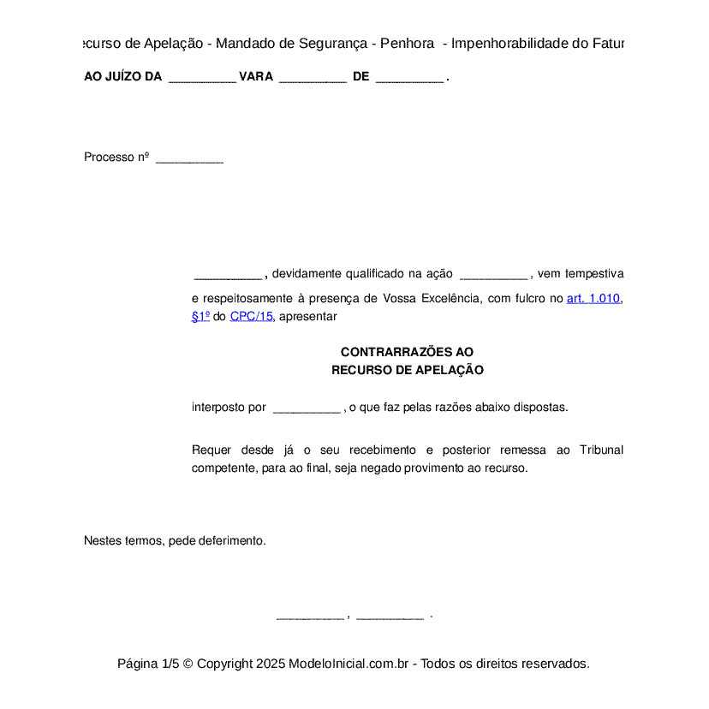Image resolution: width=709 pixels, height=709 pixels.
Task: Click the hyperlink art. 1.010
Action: pyautogui.click(x=593, y=299)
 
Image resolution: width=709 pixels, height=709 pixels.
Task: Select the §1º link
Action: pyautogui.click(x=200, y=316)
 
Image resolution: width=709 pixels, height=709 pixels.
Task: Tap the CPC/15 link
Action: pyautogui.click(x=251, y=316)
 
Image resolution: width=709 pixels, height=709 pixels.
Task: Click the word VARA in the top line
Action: pyautogui.click(x=256, y=77)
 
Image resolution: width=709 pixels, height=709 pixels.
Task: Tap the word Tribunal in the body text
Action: pyautogui.click(x=601, y=450)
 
